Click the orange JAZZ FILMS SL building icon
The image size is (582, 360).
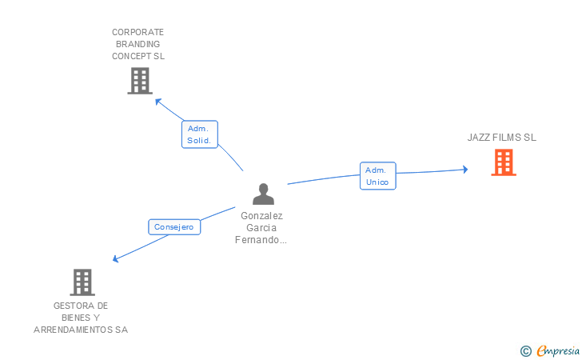click(503, 162)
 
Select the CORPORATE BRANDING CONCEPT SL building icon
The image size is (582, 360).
click(139, 80)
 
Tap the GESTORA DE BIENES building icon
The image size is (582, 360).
click(82, 282)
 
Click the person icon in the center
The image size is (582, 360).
click(263, 194)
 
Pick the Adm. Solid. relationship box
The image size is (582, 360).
click(199, 134)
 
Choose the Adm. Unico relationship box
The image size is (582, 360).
click(377, 176)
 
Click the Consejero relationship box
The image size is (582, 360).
click(173, 227)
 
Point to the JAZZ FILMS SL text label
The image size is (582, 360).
click(502, 138)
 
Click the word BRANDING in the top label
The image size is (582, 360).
click(138, 44)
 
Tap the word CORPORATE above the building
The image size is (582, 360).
click(138, 32)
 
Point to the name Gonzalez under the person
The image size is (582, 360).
click(262, 216)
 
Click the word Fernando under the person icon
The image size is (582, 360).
click(260, 240)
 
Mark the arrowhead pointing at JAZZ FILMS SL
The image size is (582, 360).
click(464, 169)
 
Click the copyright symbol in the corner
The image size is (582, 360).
click(525, 350)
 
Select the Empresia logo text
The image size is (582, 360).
click(558, 350)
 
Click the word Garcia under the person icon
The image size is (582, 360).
click(262, 228)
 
